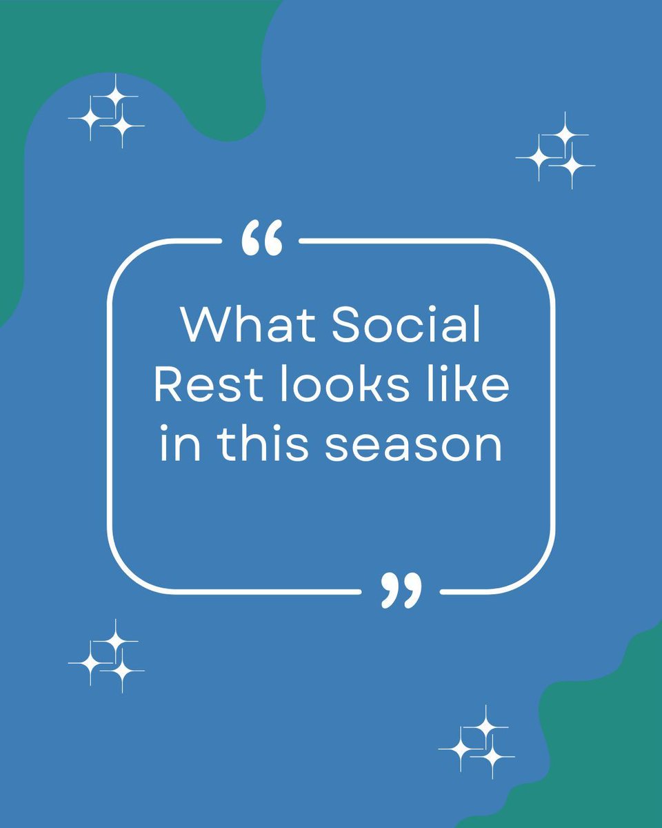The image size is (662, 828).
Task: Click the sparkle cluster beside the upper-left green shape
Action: [x=107, y=112]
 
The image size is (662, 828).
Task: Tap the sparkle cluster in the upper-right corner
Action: [x=556, y=152]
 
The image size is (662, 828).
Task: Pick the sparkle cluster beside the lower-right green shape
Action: [x=477, y=742]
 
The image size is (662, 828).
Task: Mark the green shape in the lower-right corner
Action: [x=607, y=745]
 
